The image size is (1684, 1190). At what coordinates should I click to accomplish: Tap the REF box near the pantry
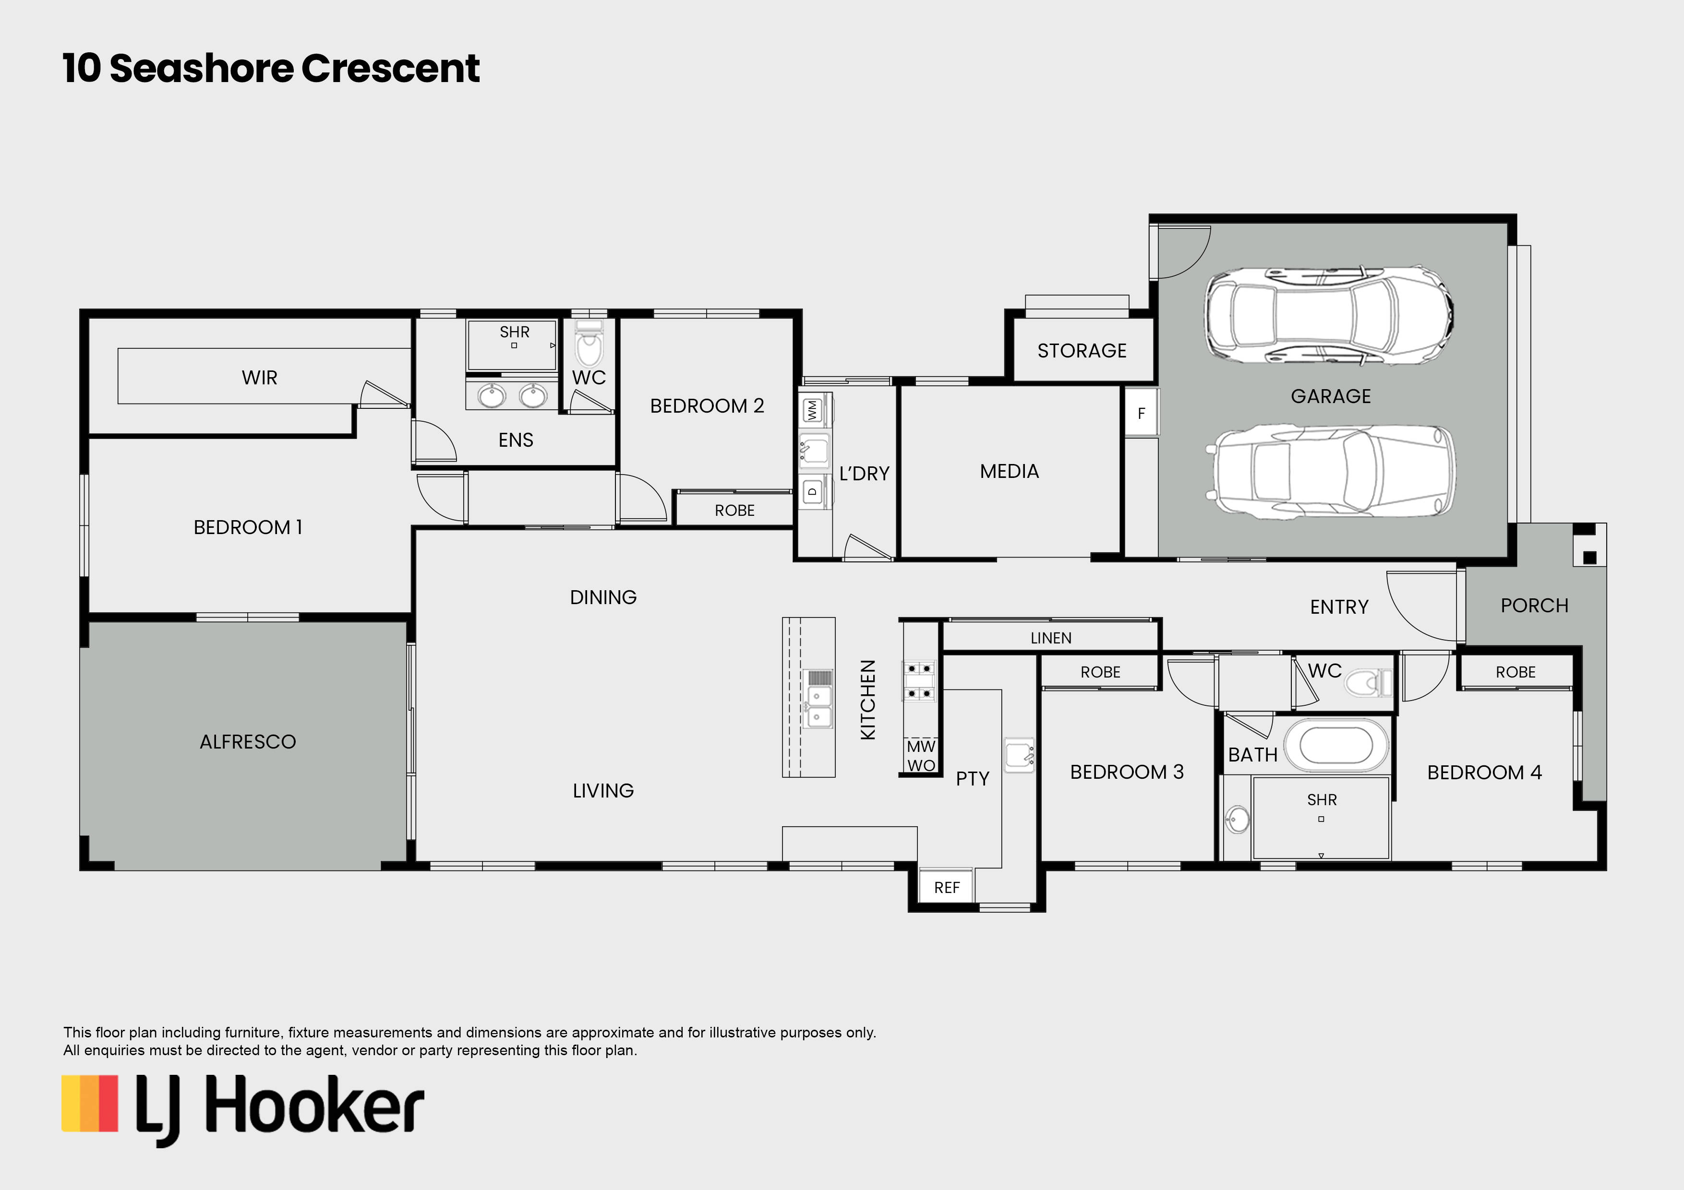coord(946,888)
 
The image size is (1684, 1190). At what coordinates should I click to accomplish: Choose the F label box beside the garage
coord(1141,414)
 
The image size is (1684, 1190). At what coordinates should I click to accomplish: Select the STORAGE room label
coord(1082,350)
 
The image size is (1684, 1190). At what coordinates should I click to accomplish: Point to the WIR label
coord(260,378)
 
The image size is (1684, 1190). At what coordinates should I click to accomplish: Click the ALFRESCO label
coord(248,742)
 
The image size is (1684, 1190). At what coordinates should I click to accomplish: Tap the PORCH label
coord(1534,606)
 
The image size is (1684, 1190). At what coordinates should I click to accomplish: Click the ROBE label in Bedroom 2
coord(734,511)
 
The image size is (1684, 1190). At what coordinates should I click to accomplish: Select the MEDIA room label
coord(1009,472)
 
